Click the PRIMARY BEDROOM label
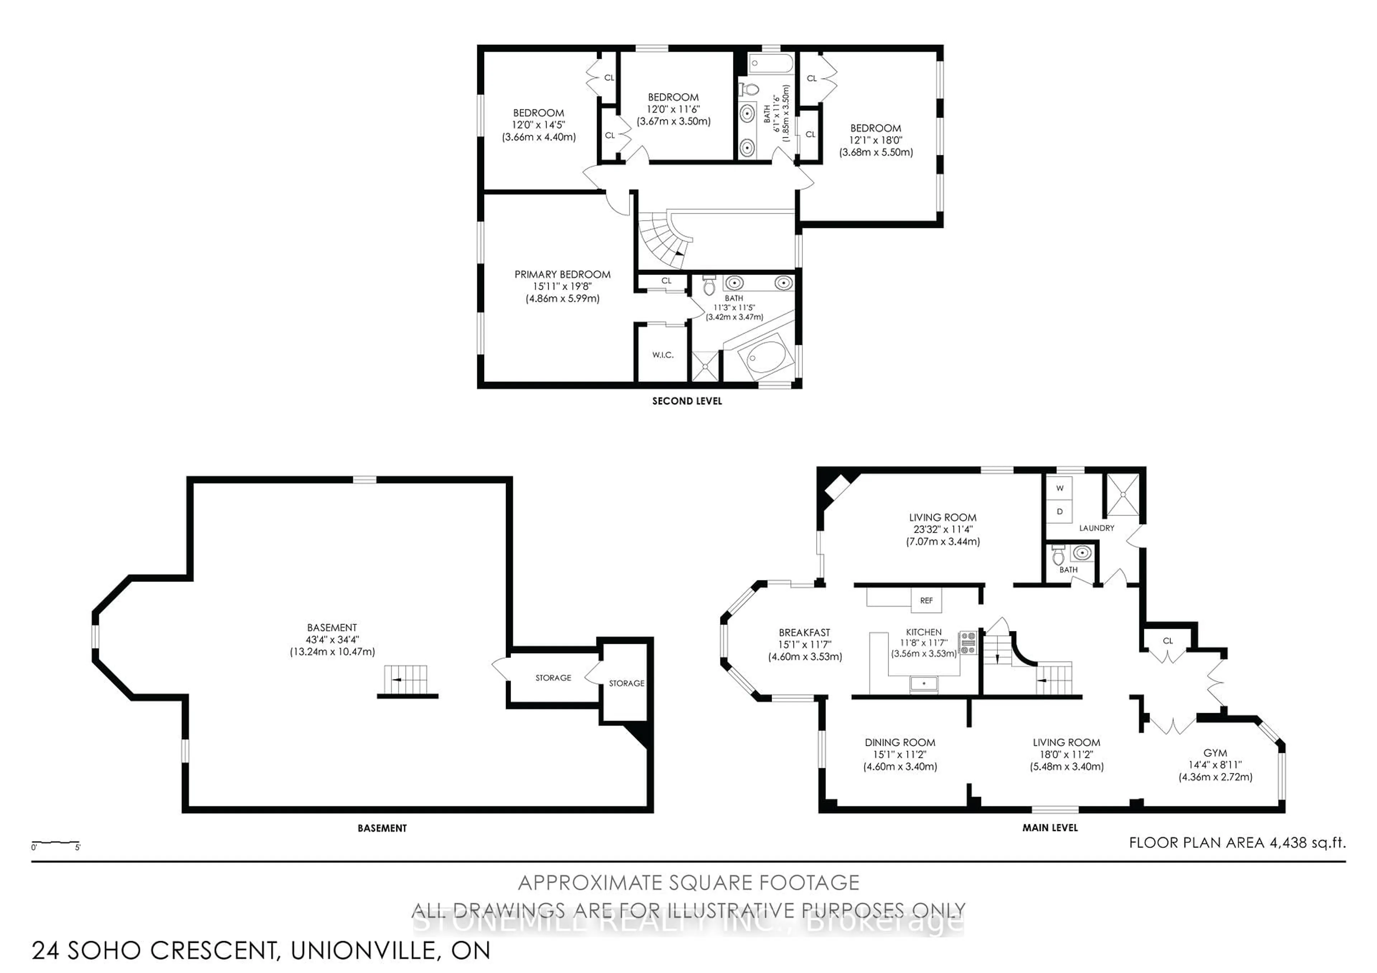(562, 275)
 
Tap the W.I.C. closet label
(663, 355)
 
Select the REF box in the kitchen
(926, 600)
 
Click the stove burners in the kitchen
(968, 642)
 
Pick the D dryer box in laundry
(1060, 511)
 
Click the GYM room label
(1215, 753)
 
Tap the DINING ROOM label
(900, 742)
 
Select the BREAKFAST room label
(804, 632)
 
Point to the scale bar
(55, 844)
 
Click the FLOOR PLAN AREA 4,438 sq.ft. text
(1237, 842)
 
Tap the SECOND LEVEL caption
(687, 401)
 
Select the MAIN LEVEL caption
(1050, 828)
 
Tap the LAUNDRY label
(1096, 528)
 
